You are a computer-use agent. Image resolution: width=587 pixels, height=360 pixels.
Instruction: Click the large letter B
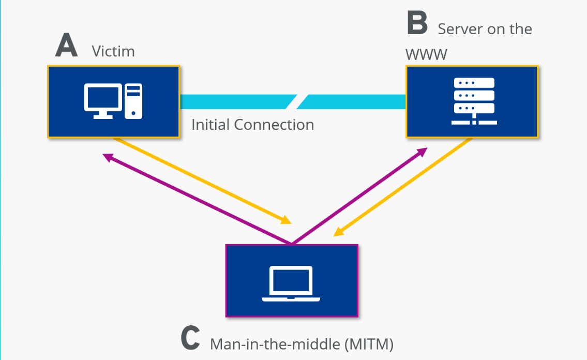(417, 24)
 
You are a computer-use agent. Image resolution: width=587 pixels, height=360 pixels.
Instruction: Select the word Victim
(113, 51)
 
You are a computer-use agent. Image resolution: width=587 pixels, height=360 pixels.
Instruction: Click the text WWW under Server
(426, 54)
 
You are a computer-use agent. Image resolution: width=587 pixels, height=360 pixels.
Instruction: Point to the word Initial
(210, 125)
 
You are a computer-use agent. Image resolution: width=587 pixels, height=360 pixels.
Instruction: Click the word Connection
(274, 125)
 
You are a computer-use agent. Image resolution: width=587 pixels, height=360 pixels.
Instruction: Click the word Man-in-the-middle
(275, 343)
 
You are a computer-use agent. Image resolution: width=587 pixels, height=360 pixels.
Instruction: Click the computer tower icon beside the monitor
(134, 101)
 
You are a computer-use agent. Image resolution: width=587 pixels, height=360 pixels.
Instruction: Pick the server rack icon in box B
(474, 101)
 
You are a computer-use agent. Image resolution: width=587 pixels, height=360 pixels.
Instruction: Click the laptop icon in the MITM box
(291, 284)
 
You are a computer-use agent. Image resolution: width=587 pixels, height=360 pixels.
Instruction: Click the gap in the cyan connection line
(296, 102)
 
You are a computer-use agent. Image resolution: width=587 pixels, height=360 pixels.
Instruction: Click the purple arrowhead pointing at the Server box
(423, 151)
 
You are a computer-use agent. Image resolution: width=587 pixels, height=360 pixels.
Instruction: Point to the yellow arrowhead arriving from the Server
(338, 232)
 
